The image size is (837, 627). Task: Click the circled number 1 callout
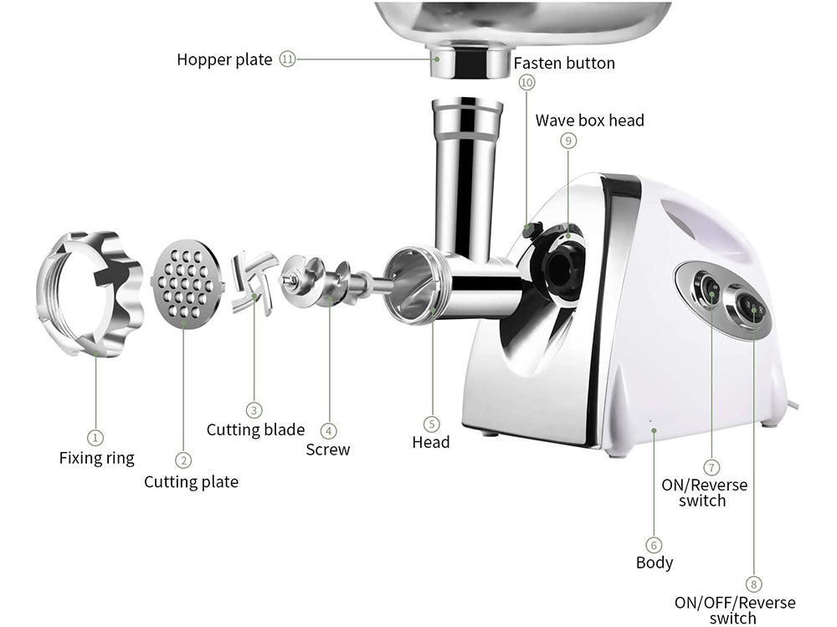point(95,437)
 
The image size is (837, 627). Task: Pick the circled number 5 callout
point(431,424)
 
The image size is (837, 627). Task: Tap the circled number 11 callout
point(288,59)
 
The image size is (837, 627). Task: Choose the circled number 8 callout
point(755,584)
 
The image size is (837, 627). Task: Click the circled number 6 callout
point(655,544)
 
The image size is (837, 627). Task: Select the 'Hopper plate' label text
point(224,59)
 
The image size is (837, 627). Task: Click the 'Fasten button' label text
point(564,63)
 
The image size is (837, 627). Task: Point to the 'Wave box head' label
point(590,121)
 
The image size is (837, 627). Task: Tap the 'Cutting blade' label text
point(255,430)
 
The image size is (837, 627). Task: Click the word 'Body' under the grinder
point(655,563)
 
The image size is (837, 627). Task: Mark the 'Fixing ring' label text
point(96,458)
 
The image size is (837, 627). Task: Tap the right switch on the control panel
point(753,311)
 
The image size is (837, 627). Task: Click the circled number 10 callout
point(526,82)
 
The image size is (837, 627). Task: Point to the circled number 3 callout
point(254,410)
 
